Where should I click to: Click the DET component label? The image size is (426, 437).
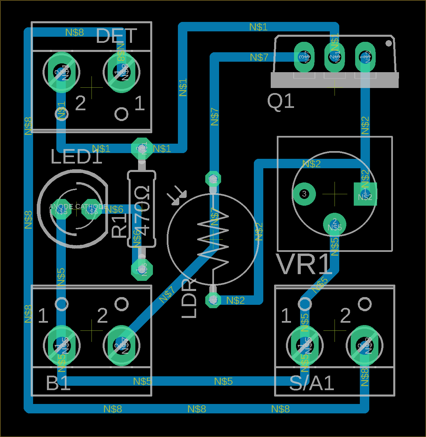pos(116,36)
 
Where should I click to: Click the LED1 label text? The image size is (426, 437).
pos(76,157)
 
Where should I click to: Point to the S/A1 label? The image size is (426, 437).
pos(312,383)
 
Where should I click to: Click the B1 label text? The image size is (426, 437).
pos(58,383)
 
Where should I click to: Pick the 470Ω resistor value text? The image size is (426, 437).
pos(142,210)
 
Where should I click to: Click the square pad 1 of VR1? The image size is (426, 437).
pos(365,194)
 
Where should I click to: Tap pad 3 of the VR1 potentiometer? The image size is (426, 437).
pos(304,194)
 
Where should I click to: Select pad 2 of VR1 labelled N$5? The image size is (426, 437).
pos(335,224)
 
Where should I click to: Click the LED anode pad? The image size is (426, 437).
pos(61,211)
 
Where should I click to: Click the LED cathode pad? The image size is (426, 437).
pos(91,211)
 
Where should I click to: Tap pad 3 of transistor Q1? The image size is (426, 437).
pos(304,57)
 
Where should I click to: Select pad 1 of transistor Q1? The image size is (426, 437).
pos(365,57)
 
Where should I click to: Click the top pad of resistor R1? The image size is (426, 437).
pos(142,148)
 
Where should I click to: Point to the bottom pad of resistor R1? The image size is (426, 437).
pos(142,269)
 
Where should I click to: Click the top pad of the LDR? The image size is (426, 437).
pos(213,179)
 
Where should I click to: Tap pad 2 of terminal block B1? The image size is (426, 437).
pos(122,345)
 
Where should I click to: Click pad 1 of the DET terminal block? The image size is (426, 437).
pos(122,72)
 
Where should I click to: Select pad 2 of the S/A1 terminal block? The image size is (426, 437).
pos(365,345)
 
